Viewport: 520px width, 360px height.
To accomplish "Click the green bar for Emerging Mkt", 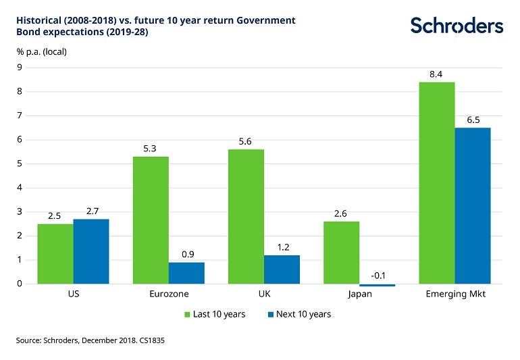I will pyautogui.click(x=437, y=182).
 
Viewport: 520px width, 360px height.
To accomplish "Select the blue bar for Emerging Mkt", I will pyautogui.click(x=473, y=205).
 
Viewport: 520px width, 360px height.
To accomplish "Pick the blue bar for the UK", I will pyautogui.click(x=282, y=269).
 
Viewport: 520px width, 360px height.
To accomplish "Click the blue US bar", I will pyautogui.click(x=91, y=251).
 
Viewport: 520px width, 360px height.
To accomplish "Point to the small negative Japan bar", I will pyautogui.click(x=378, y=285).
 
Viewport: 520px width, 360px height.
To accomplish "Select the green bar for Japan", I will pyautogui.click(x=342, y=252).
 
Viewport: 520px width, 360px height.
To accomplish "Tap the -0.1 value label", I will pyautogui.click(x=378, y=276).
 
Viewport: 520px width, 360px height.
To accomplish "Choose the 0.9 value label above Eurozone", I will pyautogui.click(x=186, y=254).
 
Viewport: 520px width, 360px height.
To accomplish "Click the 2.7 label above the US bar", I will pyautogui.click(x=91, y=211).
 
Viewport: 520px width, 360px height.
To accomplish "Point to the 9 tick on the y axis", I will pyautogui.click(x=20, y=68).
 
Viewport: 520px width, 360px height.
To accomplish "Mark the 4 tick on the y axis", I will pyautogui.click(x=20, y=188).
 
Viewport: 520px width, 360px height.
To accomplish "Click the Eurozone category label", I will pyautogui.click(x=169, y=295).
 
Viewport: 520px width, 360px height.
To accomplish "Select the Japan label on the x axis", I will pyautogui.click(x=359, y=295).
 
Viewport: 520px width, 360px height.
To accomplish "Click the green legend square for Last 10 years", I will pyautogui.click(x=188, y=314).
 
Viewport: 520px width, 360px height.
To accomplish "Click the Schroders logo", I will pyautogui.click(x=457, y=26).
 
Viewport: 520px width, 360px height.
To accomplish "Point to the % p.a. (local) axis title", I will pyautogui.click(x=41, y=51).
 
